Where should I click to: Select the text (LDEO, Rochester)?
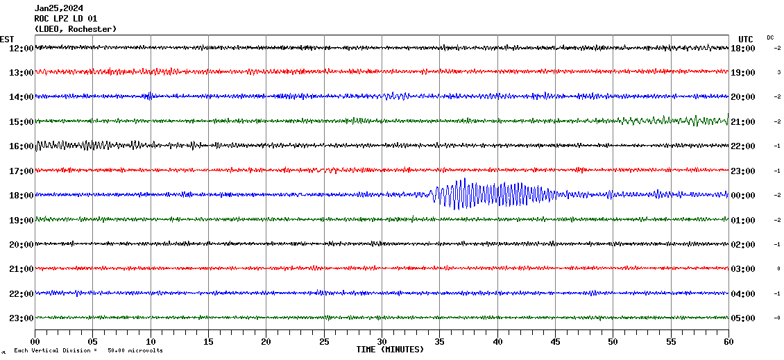click(x=75, y=29)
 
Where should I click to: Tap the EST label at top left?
click(x=7, y=39)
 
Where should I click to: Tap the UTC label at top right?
click(x=746, y=39)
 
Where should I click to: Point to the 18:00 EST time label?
click(x=21, y=196)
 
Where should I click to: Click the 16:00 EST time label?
click(x=21, y=146)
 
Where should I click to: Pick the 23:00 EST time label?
click(x=21, y=318)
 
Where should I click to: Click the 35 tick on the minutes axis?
click(x=439, y=342)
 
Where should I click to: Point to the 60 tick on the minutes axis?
click(x=728, y=342)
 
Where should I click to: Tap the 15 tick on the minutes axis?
click(x=208, y=342)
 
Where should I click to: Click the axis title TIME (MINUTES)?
click(x=390, y=350)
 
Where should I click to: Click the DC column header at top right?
click(x=770, y=37)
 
